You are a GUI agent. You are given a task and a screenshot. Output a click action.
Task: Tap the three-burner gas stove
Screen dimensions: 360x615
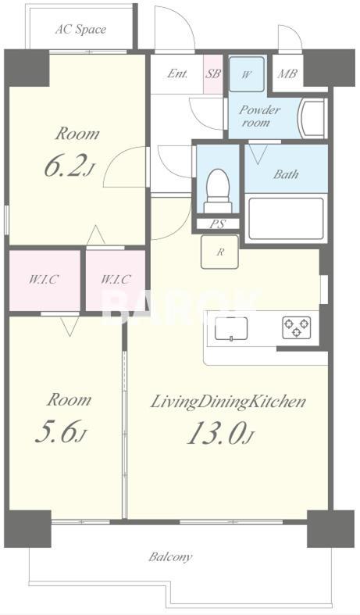(x=297, y=327)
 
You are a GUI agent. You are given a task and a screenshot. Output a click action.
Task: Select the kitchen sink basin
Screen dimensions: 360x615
(x=231, y=329)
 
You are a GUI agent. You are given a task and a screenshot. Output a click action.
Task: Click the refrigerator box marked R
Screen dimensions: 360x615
(x=219, y=252)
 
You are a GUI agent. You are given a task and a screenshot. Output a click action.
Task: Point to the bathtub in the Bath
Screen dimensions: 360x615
(x=287, y=219)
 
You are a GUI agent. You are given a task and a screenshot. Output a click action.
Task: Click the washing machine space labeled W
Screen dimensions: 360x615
(x=247, y=74)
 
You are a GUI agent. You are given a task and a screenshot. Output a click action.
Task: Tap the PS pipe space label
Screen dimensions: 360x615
(x=217, y=224)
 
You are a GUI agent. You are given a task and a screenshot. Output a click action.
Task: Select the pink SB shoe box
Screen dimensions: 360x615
(x=213, y=74)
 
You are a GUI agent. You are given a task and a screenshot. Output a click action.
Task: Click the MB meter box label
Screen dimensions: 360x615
(x=287, y=73)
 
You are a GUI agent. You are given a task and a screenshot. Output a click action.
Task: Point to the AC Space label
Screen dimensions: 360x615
(x=80, y=30)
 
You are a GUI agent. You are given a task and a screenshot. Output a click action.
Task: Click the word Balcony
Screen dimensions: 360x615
(x=170, y=557)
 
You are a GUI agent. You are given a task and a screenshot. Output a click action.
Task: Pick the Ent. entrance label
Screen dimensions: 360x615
(x=177, y=73)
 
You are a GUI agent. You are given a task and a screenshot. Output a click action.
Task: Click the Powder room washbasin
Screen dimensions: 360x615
(x=312, y=118)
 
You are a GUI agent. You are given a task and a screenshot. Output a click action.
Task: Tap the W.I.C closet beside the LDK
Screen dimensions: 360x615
(x=116, y=280)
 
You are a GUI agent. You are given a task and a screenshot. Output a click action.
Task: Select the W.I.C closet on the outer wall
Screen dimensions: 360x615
(x=45, y=280)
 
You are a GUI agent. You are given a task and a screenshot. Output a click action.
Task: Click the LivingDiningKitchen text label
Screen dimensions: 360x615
(x=228, y=402)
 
